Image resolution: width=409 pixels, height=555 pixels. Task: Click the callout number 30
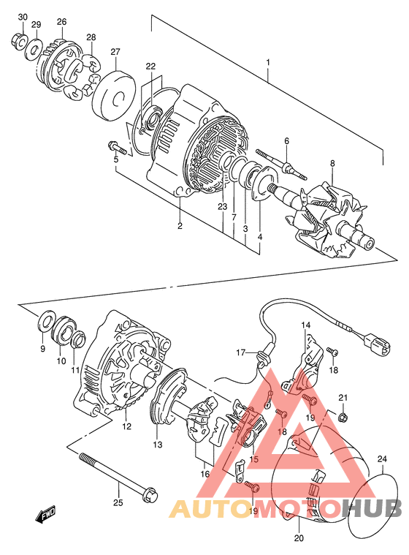click(22, 17)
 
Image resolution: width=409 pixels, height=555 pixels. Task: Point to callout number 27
click(115, 52)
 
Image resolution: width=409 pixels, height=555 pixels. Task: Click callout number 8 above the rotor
click(332, 163)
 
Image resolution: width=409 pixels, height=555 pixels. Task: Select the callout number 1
click(268, 62)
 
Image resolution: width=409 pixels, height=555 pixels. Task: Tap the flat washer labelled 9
click(45, 322)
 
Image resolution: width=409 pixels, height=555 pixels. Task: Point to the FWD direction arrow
click(46, 513)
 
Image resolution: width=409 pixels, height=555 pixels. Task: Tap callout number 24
click(382, 459)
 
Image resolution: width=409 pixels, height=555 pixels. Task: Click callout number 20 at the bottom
click(299, 538)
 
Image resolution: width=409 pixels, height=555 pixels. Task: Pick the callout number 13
click(158, 444)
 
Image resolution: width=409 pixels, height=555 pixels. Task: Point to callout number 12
click(126, 426)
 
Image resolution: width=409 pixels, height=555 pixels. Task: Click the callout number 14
click(305, 325)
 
